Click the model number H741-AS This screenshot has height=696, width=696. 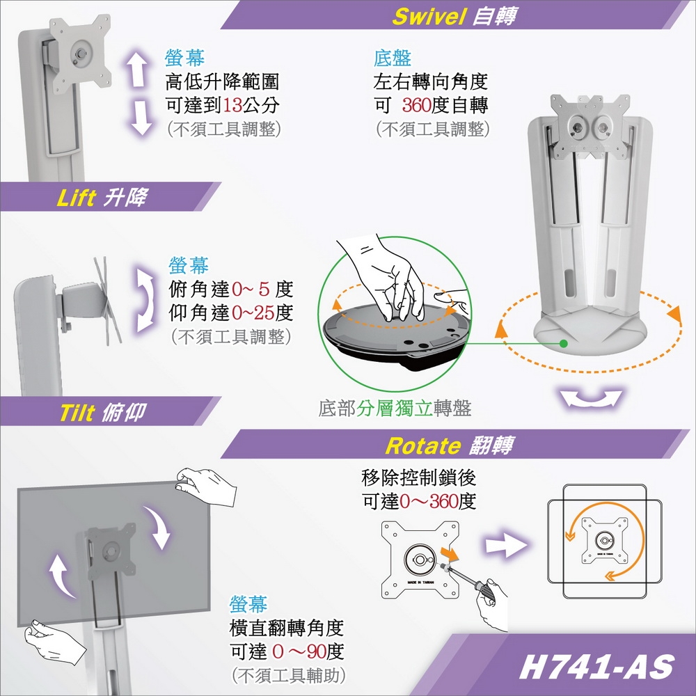point(596,667)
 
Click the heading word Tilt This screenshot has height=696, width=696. point(76,413)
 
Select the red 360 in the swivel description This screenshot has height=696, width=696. point(419,106)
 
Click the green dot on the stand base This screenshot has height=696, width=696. point(563,343)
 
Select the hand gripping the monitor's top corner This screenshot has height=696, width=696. point(207,486)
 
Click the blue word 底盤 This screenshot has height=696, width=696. point(393,58)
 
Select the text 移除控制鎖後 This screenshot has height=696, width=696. point(419,478)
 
